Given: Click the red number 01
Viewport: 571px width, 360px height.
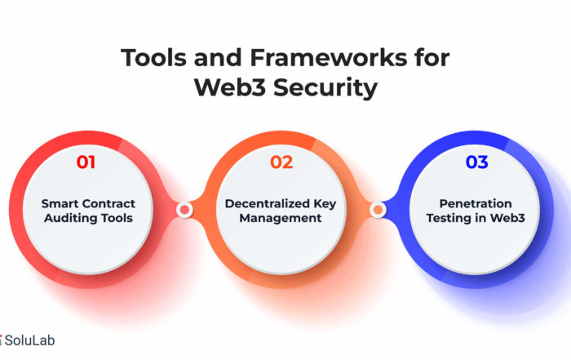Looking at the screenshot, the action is [x=86, y=162].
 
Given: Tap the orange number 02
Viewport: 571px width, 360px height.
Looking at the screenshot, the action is [x=281, y=162].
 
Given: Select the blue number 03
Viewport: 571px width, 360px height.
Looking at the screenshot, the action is [x=476, y=162].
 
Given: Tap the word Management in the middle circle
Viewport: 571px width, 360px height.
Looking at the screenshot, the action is [x=281, y=218].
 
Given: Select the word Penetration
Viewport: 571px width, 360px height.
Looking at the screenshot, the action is [x=476, y=203].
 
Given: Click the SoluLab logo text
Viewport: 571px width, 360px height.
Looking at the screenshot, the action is [x=29, y=340].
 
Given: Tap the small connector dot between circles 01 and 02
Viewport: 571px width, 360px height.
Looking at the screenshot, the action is [x=184, y=210].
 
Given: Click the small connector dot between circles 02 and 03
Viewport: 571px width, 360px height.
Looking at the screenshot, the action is [x=378, y=210].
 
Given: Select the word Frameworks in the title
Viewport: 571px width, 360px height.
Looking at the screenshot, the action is [x=328, y=58].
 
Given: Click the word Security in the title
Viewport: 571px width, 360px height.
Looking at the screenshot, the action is [x=325, y=88].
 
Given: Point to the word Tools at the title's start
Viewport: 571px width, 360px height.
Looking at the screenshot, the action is [x=154, y=58].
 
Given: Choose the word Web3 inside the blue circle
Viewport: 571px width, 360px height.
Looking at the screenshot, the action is [x=507, y=218].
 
